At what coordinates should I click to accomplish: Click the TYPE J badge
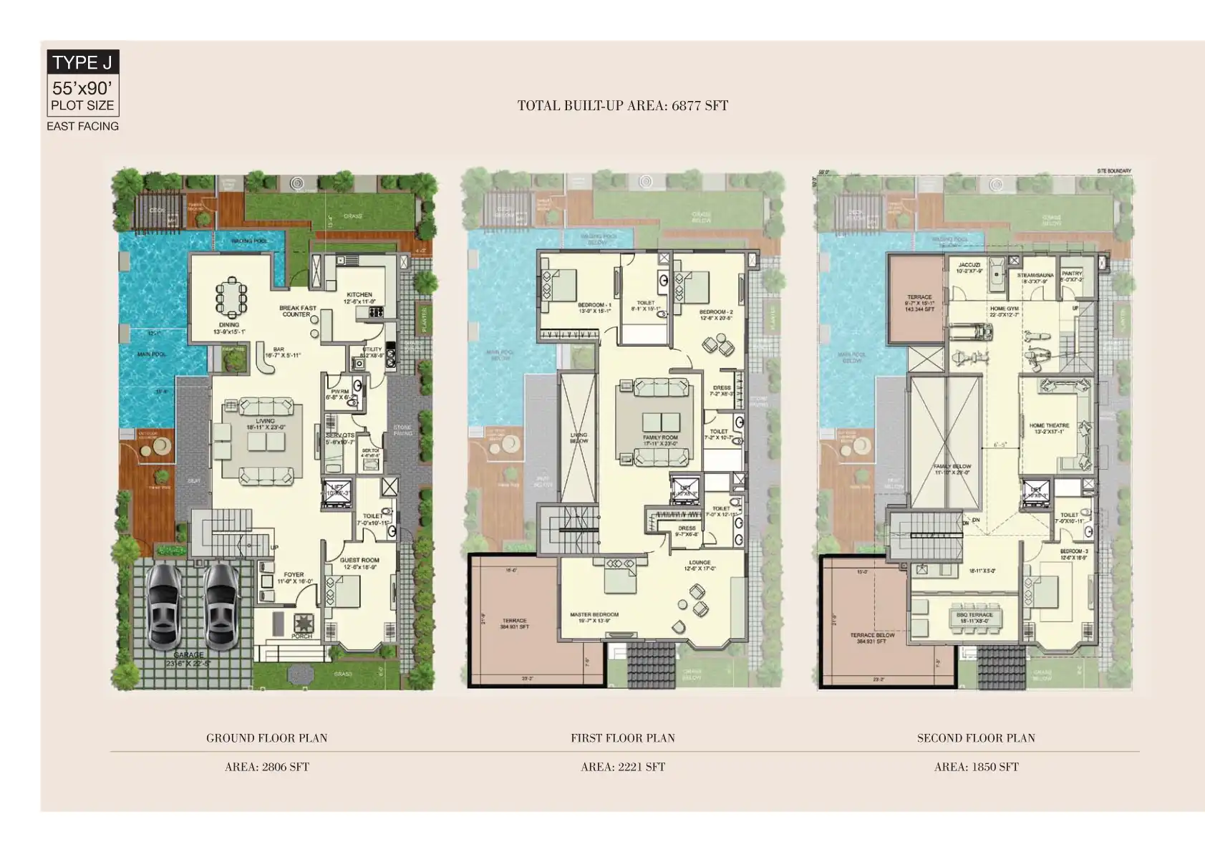[82, 62]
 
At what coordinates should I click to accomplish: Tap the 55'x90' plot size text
[82, 89]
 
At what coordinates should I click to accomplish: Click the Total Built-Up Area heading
[622, 106]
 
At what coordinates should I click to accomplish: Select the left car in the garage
[165, 606]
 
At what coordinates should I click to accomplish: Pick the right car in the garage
[221, 606]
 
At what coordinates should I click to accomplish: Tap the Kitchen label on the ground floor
[359, 295]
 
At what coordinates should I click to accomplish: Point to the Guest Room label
[359, 561]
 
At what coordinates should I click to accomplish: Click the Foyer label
[294, 575]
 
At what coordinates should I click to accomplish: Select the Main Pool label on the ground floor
[151, 354]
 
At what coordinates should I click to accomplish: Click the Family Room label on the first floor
[659, 437]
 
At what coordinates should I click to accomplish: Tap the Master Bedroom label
[594, 615]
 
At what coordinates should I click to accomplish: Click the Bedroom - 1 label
[594, 306]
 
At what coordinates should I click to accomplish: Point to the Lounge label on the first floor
[700, 563]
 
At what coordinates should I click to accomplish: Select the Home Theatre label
[1049, 426]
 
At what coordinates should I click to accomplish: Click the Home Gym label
[1004, 309]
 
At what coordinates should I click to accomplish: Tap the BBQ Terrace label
[974, 615]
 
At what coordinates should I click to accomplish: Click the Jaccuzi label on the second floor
[969, 266]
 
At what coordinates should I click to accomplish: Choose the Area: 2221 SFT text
[622, 767]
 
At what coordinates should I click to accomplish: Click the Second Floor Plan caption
[975, 738]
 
